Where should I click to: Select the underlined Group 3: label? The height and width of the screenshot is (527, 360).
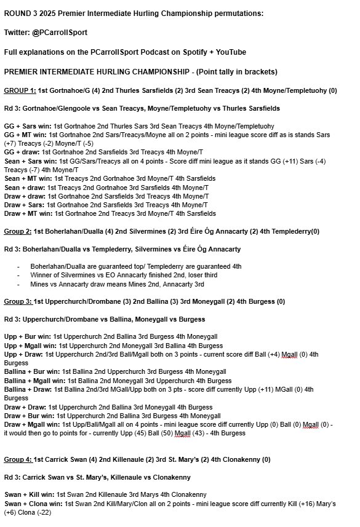pos(18,302)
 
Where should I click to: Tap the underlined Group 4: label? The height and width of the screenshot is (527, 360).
pos(18,459)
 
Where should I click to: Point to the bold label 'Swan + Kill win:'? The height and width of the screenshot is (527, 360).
pos(28,494)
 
